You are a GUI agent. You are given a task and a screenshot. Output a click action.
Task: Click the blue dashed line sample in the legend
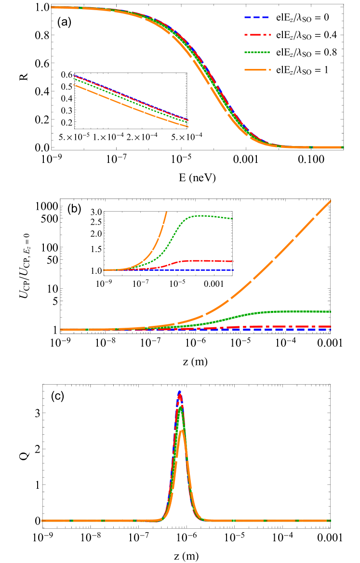pyautogui.click(x=257, y=17)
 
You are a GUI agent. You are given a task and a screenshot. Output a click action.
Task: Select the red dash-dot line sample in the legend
pyautogui.click(x=258, y=35)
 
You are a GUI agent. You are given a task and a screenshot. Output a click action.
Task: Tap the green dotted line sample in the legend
pyautogui.click(x=257, y=52)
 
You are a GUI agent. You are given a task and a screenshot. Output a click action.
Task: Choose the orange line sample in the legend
pyautogui.click(x=258, y=70)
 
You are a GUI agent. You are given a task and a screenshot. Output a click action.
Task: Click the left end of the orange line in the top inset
pyautogui.click(x=74, y=85)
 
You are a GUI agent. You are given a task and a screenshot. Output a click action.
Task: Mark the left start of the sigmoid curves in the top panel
pyautogui.click(x=52, y=7)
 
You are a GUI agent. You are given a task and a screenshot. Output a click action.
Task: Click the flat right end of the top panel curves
pyautogui.click(x=343, y=147)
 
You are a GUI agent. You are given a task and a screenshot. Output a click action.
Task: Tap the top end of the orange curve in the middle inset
pyautogui.click(x=167, y=212)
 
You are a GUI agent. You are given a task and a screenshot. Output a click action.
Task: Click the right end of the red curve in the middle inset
pyautogui.click(x=233, y=261)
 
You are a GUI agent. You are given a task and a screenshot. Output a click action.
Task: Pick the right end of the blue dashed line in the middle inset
pyautogui.click(x=233, y=270)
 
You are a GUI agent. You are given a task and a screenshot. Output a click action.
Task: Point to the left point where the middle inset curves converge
pyautogui.click(x=104, y=270)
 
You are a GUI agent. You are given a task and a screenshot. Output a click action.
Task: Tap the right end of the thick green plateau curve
pyautogui.click(x=331, y=311)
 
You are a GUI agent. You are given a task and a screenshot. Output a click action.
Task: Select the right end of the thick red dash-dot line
pyautogui.click(x=331, y=326)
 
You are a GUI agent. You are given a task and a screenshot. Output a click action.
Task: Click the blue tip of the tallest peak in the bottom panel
pyautogui.click(x=180, y=391)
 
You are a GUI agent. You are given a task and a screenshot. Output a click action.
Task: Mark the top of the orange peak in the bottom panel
pyautogui.click(x=182, y=430)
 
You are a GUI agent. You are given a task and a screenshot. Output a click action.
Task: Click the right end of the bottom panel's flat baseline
pyautogui.click(x=331, y=521)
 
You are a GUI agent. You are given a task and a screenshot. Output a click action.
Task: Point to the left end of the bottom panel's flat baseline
pyautogui.click(x=42, y=521)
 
